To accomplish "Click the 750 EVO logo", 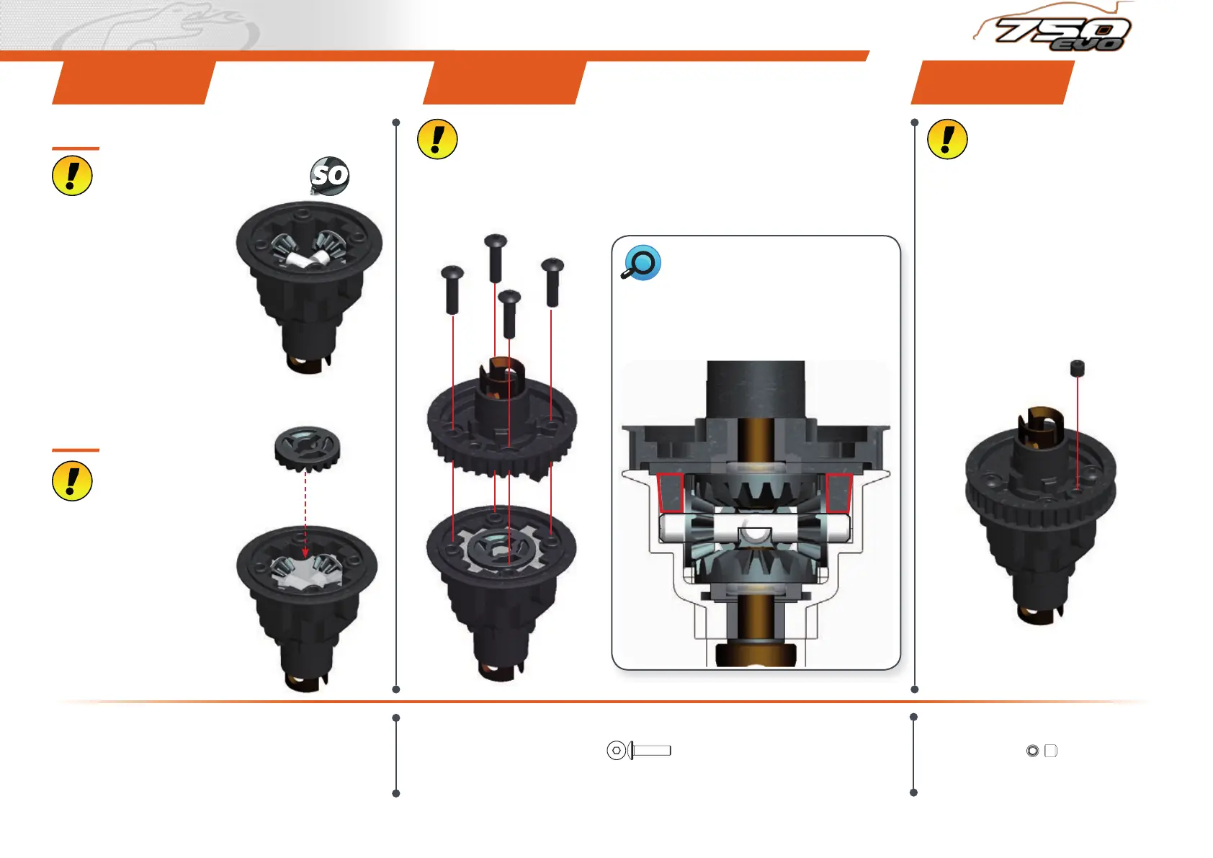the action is (x=1059, y=32).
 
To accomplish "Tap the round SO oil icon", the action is (x=330, y=175).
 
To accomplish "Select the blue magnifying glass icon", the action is (x=641, y=263).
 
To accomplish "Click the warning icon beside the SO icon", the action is (x=72, y=176).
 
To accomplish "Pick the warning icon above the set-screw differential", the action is (x=947, y=139).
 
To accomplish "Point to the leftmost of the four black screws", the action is (x=452, y=288).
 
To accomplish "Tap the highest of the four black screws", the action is (x=496, y=256).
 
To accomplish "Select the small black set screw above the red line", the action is (x=1077, y=368).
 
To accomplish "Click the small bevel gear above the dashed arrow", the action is (x=307, y=447).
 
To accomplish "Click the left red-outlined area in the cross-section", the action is (x=671, y=493).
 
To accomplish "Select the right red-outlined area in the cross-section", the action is (x=839, y=493).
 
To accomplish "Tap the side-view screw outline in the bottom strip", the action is (x=650, y=751).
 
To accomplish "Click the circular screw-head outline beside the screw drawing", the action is (x=616, y=751).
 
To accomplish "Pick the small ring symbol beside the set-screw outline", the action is (x=1032, y=751).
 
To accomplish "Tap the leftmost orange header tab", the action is (x=134, y=82).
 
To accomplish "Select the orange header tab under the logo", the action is (x=993, y=82).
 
